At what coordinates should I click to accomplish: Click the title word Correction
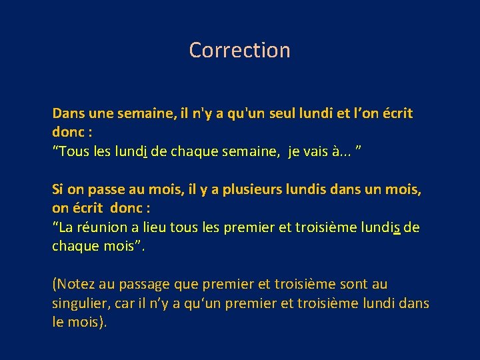pyautogui.click(x=239, y=50)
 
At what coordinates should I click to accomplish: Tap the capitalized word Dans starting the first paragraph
pyautogui.click(x=67, y=113)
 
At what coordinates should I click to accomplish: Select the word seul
pyautogui.click(x=301, y=113)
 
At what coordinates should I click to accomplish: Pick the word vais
pyautogui.click(x=314, y=152)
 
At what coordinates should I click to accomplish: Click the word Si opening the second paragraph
pyautogui.click(x=58, y=189)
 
